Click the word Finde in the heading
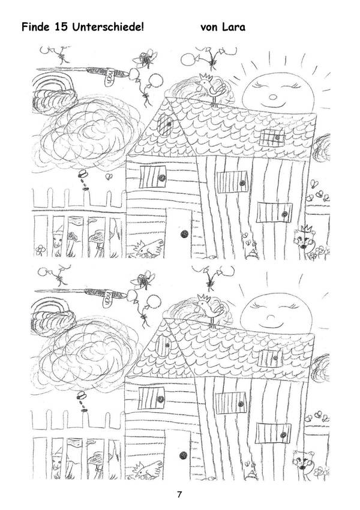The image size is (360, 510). (35, 26)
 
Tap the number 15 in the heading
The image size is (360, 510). (61, 26)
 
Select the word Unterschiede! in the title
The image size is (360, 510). (107, 26)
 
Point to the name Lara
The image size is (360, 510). (233, 26)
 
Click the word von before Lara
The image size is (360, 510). (209, 28)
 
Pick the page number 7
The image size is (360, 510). (179, 495)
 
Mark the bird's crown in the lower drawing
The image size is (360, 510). (204, 297)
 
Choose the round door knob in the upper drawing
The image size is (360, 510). (185, 233)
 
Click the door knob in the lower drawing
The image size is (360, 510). (183, 455)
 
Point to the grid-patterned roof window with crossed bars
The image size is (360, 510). (272, 137)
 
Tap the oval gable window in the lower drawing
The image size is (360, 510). (164, 346)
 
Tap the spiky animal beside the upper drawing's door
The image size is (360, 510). (149, 248)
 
